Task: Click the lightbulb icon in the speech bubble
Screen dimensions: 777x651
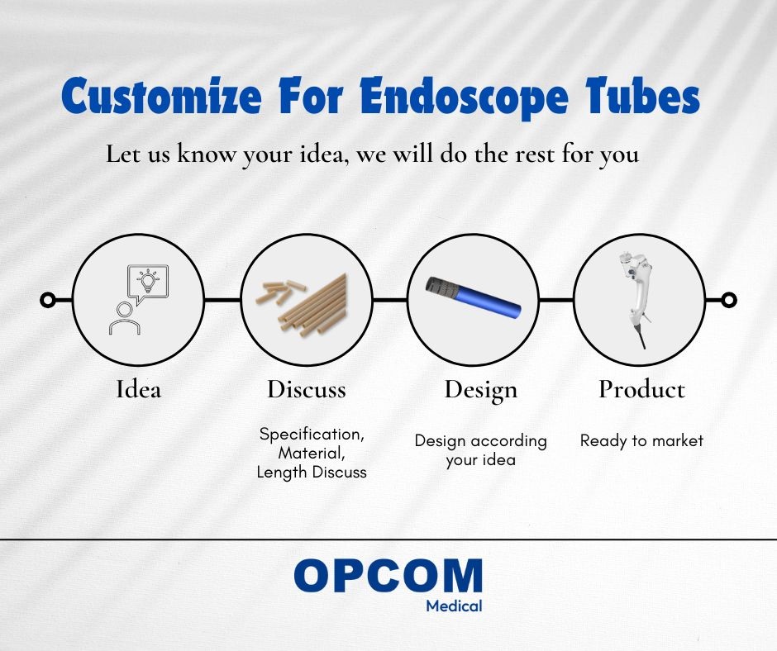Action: [x=148, y=280]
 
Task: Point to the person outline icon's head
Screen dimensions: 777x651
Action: [x=124, y=310]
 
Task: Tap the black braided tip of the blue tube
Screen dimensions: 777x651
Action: [x=442, y=287]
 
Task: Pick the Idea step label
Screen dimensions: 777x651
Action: [x=138, y=389]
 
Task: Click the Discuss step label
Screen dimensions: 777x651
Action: [x=307, y=389]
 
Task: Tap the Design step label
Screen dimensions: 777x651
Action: [x=481, y=390]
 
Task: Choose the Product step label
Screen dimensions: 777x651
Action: [x=641, y=389]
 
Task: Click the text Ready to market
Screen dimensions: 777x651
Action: [x=641, y=441]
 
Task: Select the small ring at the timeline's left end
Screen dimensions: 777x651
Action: [x=48, y=300]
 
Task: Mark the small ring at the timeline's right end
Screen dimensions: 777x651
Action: [x=728, y=300]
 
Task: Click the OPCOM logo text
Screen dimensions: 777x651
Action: [x=388, y=575]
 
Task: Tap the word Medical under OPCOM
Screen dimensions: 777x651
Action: [x=454, y=606]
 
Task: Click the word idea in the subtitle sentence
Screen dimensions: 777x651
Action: [x=322, y=154]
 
